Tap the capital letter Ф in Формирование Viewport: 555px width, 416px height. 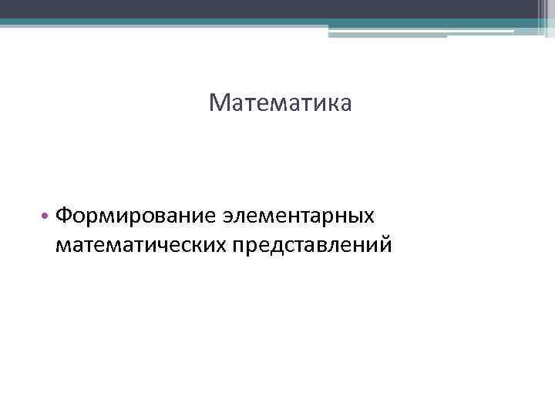[x=65, y=215]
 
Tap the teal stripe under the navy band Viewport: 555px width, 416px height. [x=231, y=22]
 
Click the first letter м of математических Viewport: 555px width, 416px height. [x=64, y=246]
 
